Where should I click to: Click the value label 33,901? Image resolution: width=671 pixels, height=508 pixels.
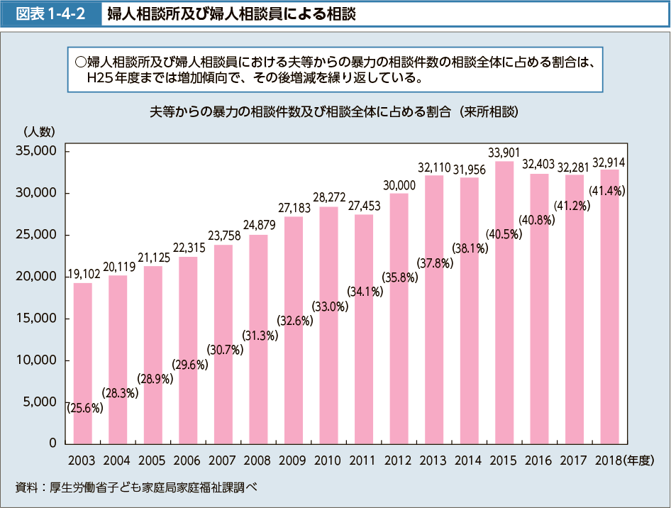point(504,153)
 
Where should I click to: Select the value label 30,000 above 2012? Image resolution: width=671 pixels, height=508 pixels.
point(399,184)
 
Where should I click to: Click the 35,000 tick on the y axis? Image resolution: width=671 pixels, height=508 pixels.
point(35,152)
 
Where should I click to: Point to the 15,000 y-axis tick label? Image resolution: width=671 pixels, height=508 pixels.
point(35,319)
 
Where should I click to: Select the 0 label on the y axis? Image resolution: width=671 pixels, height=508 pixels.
point(52,443)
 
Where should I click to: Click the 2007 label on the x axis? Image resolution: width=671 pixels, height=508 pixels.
point(223,460)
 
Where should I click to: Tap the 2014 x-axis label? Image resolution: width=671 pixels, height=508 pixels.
point(469,460)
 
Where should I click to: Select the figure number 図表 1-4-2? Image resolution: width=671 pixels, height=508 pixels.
point(51,13)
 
